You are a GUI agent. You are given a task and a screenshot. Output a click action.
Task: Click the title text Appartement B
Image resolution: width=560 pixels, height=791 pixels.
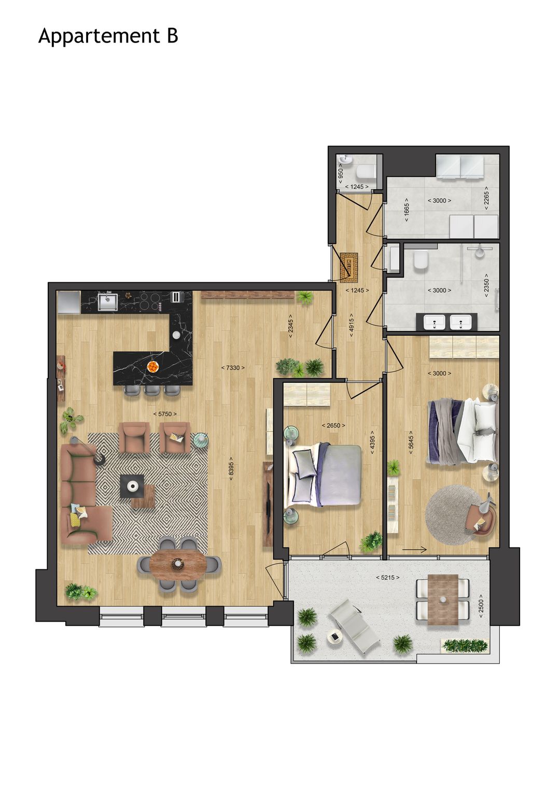[x=108, y=36]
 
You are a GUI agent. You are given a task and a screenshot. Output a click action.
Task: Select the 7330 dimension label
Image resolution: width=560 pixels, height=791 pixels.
[x=233, y=368]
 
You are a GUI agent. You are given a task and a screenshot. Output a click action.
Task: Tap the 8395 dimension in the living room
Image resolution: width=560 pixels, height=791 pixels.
[x=232, y=468]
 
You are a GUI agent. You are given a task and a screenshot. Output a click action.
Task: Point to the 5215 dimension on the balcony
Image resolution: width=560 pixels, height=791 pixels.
[x=387, y=577]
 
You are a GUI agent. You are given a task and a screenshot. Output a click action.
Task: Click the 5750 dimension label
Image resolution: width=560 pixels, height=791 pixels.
[x=165, y=414]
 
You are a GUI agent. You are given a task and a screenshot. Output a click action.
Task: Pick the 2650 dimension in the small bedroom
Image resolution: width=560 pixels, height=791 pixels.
[x=333, y=425]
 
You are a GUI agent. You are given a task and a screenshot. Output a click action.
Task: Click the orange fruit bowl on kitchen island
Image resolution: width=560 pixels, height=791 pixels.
[x=153, y=367]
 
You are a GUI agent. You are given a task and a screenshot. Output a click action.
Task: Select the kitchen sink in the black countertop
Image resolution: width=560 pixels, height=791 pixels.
[x=108, y=301]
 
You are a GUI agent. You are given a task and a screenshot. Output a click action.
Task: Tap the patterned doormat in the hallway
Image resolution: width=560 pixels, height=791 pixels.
[x=349, y=266]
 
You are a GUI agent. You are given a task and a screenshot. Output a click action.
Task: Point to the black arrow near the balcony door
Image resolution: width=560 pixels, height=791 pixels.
[x=414, y=550]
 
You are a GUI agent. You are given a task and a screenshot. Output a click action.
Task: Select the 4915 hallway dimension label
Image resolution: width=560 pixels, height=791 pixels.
[x=352, y=325]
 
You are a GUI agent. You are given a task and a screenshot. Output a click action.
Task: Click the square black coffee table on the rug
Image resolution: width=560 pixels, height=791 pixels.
[x=133, y=486]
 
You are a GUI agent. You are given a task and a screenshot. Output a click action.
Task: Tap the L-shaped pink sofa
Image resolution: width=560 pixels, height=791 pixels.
[x=83, y=497]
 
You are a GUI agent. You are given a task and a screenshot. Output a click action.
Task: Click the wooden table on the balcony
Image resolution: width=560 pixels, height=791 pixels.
[x=443, y=599]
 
